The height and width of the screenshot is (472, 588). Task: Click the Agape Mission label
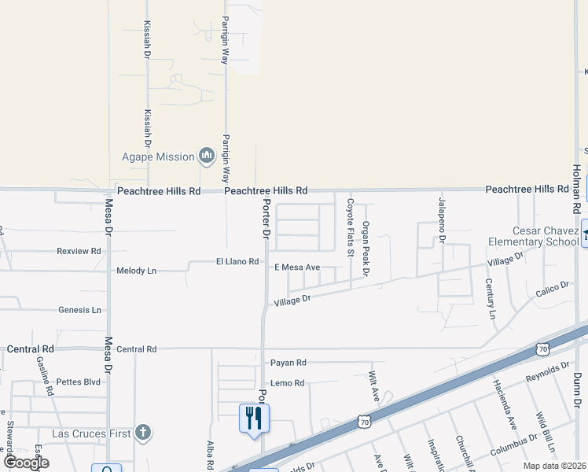[157, 157]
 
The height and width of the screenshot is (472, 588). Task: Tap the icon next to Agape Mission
[208, 157]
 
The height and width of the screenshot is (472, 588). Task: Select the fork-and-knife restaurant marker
[254, 418]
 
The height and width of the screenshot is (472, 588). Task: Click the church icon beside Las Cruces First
[142, 432]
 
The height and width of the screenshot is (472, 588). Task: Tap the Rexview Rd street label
[79, 251]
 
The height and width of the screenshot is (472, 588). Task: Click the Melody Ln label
[137, 271]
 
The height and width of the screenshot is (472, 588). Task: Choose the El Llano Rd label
[237, 261]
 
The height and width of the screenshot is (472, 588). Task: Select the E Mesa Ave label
[297, 267]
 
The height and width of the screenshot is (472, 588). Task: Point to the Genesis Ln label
[80, 310]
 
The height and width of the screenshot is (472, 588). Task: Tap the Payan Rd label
[288, 363]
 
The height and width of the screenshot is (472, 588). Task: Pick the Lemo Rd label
[288, 383]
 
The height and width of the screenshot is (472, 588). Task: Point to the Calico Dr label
[552, 289]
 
